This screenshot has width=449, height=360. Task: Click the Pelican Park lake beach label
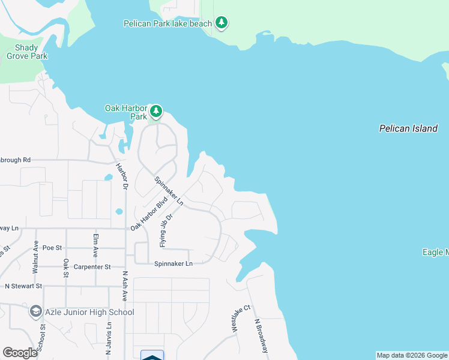(167, 23)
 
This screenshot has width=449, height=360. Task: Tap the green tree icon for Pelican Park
(222, 23)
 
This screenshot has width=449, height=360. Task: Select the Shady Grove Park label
(27, 52)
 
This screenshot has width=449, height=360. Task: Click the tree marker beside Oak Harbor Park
(156, 111)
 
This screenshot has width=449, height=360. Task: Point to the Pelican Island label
(408, 128)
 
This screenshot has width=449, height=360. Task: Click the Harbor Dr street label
(122, 176)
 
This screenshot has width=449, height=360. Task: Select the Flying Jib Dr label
(166, 230)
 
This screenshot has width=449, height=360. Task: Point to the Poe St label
(52, 247)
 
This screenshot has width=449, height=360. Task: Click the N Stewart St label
(23, 286)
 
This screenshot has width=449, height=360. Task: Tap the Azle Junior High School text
(90, 312)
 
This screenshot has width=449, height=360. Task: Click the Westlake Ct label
(237, 319)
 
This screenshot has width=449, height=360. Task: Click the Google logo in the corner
(20, 353)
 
